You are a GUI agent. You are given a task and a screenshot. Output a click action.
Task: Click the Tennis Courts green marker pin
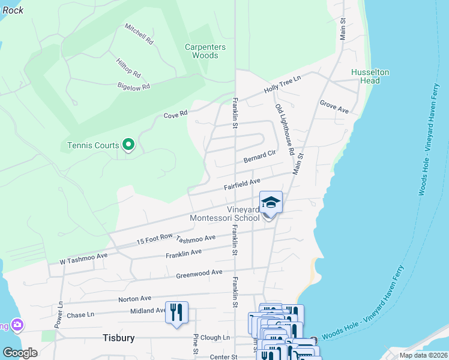click(x=127, y=145)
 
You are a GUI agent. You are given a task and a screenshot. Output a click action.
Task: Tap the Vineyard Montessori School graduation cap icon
click(x=271, y=202)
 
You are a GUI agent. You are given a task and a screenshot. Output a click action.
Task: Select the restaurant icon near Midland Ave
click(x=176, y=312)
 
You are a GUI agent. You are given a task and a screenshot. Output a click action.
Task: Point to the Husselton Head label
click(x=370, y=76)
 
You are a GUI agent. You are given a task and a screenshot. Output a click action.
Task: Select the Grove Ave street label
click(x=334, y=107)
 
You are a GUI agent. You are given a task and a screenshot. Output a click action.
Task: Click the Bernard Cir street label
click(x=259, y=157)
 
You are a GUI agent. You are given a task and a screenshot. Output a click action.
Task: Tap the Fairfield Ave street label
click(x=243, y=184)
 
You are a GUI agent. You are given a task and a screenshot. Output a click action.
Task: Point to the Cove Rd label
click(x=176, y=113)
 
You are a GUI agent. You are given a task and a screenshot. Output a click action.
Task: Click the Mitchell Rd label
click(x=139, y=35)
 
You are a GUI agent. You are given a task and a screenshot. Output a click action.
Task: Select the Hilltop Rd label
click(x=128, y=67)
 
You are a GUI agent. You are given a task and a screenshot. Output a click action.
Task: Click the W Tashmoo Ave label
click(x=83, y=259)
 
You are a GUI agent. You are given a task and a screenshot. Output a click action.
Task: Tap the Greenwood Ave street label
click(x=200, y=274)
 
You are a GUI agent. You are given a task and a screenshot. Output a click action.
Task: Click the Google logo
click(x=20, y=353)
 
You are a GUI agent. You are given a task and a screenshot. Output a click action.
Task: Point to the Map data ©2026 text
click(x=422, y=355)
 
